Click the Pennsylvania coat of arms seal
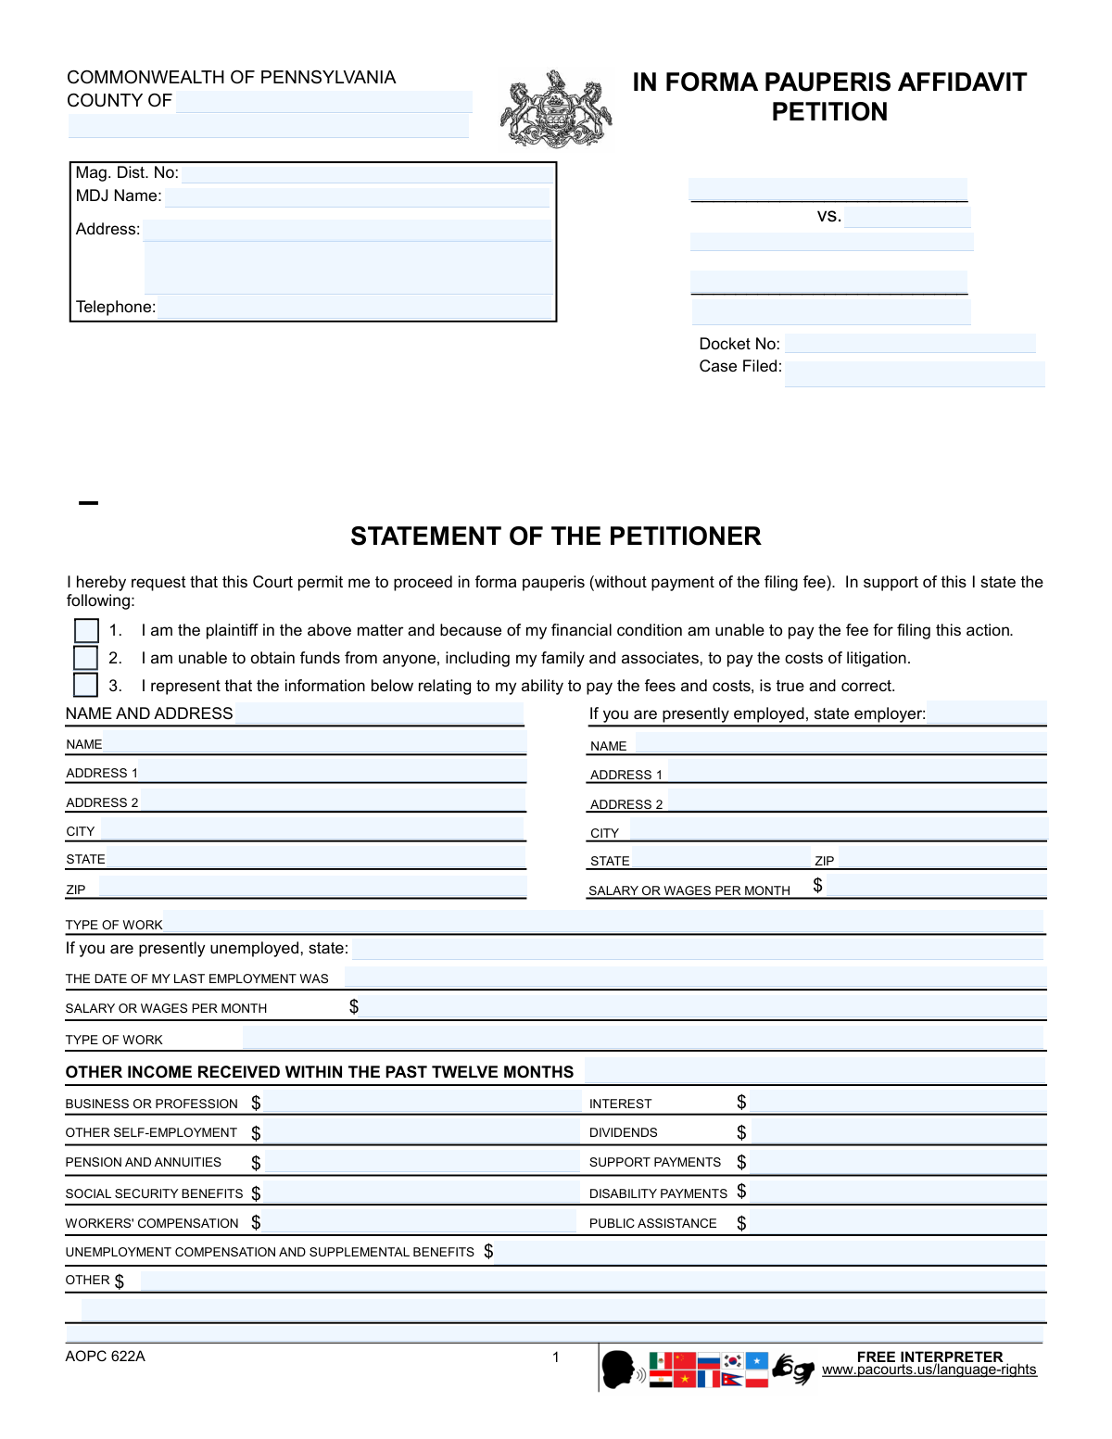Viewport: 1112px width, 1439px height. click(556, 110)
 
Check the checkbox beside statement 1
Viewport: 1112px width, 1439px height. click(86, 631)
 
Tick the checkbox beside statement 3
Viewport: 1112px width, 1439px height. click(85, 685)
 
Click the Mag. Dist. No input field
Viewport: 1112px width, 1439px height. click(367, 173)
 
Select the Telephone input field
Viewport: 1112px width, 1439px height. click(355, 308)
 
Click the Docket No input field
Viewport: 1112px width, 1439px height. click(909, 344)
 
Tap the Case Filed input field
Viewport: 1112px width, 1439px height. click(914, 373)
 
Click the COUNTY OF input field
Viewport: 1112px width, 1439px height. click(323, 101)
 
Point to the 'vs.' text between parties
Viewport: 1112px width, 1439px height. click(828, 216)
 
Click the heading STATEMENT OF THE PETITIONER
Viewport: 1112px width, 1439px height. click(556, 536)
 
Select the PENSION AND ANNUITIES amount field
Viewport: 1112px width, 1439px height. click(421, 1162)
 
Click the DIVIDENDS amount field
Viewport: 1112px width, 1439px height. click(898, 1131)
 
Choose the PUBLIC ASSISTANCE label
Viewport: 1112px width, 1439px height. click(652, 1223)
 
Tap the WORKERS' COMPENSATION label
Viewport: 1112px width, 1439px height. click(152, 1223)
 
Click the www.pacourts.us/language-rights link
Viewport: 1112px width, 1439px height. click(929, 1370)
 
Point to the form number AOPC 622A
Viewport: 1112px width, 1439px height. click(105, 1357)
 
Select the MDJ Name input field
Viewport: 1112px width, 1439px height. click(357, 196)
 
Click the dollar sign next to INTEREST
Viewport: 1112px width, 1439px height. click(741, 1102)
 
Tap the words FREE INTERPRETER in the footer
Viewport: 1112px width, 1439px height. click(929, 1357)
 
